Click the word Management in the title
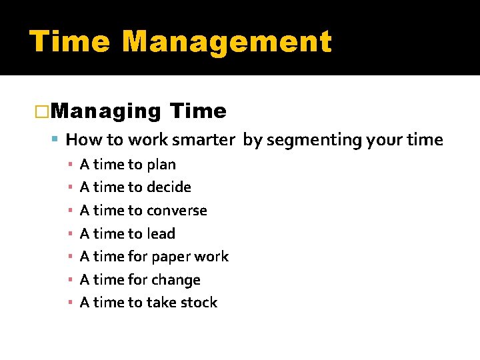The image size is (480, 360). (x=227, y=41)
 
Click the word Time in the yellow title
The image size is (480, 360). (x=70, y=41)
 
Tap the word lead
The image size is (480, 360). (x=161, y=234)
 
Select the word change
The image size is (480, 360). (x=176, y=281)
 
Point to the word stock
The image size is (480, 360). (x=199, y=303)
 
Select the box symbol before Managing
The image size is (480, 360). (x=41, y=112)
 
